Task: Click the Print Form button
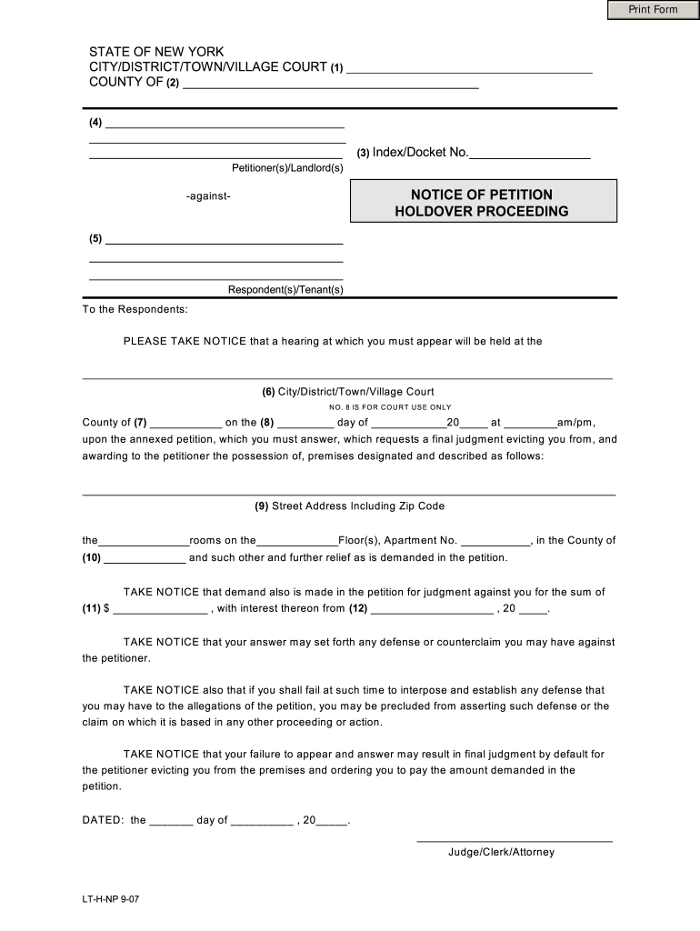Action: [x=654, y=10]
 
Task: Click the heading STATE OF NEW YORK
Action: [x=155, y=52]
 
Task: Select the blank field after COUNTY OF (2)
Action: [x=331, y=85]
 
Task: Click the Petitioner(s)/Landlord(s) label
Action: [x=287, y=168]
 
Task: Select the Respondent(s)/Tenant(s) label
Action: [x=285, y=290]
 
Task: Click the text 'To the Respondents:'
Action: [x=135, y=309]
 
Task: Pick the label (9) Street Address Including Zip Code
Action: [x=349, y=506]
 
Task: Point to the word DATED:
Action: [x=103, y=820]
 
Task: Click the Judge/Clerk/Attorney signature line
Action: [x=514, y=839]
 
